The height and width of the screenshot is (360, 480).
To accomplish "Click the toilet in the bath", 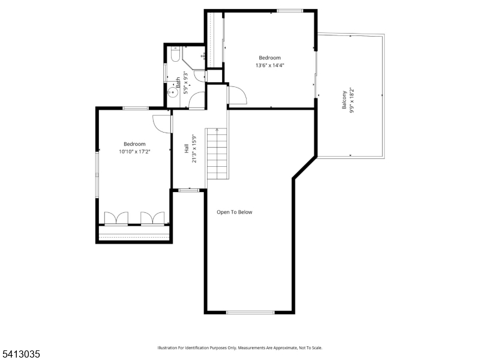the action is tap(175, 54).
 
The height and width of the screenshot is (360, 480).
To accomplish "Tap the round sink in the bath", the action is tap(173, 92).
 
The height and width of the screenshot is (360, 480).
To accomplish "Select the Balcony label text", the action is tap(344, 100).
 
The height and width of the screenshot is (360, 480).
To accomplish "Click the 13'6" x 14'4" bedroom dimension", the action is tap(268, 65).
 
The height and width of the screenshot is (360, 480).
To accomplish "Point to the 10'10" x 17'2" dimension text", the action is tap(134, 151).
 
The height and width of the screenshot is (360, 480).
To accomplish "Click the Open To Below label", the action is tap(235, 212).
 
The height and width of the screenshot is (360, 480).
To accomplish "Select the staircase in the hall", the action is tap(217, 154).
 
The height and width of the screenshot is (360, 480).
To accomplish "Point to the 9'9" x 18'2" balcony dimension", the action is tap(352, 100).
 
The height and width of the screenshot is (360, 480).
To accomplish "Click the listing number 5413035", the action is tap(20, 354).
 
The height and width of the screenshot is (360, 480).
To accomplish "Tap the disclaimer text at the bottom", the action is tap(239, 348).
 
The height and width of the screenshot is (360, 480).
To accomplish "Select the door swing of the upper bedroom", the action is tap(238, 95).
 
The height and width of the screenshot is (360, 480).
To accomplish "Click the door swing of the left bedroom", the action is tap(162, 124).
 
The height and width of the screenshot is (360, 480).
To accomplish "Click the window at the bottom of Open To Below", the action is tap(250, 312).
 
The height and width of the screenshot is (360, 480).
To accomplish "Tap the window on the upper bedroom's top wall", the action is tap(290, 11).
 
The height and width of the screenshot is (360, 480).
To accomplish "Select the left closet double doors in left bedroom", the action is tap(116, 218).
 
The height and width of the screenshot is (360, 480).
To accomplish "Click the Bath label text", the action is tap(178, 83).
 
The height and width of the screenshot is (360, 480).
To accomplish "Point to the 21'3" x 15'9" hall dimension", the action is tap(194, 148).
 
